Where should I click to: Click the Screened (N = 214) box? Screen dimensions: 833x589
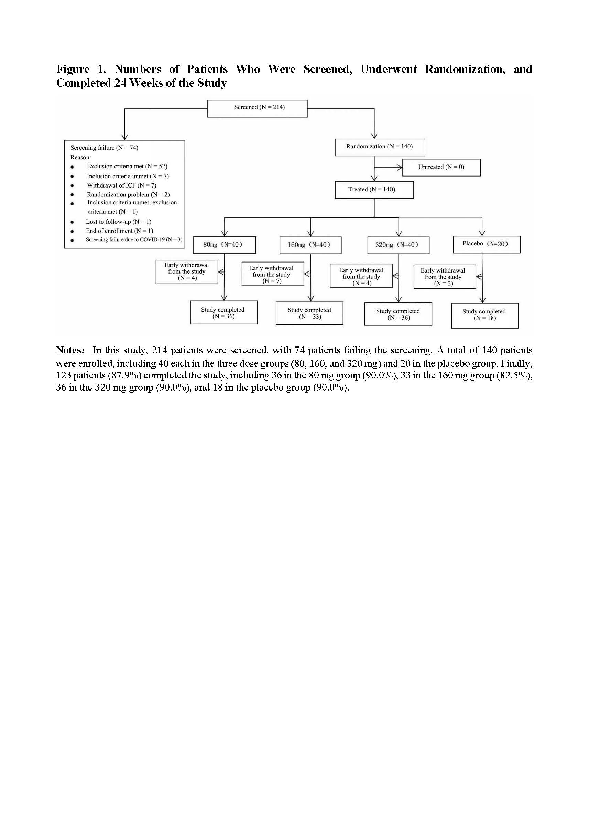(x=257, y=108)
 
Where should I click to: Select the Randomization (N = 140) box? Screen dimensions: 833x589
(x=379, y=147)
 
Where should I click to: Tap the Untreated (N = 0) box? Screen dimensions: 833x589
(x=441, y=167)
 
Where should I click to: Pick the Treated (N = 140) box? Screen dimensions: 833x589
(x=374, y=190)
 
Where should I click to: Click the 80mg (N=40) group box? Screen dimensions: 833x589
(x=224, y=245)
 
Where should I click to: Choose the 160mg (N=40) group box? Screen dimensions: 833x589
(x=310, y=245)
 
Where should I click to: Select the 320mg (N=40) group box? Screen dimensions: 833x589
(x=398, y=245)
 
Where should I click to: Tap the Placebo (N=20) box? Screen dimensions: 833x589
(x=486, y=244)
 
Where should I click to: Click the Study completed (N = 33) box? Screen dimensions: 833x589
(x=309, y=313)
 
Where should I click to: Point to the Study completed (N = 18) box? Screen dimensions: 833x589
(x=484, y=316)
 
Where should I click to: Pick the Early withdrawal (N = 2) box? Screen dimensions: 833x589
(x=444, y=277)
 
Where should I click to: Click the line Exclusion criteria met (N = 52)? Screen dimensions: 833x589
(x=127, y=167)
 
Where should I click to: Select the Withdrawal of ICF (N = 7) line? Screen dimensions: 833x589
(x=121, y=185)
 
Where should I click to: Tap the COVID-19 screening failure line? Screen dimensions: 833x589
(x=134, y=240)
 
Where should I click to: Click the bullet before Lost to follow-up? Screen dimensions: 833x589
(x=73, y=222)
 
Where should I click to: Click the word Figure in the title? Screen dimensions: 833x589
(x=73, y=69)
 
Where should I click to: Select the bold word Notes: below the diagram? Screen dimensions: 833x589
(x=70, y=350)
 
